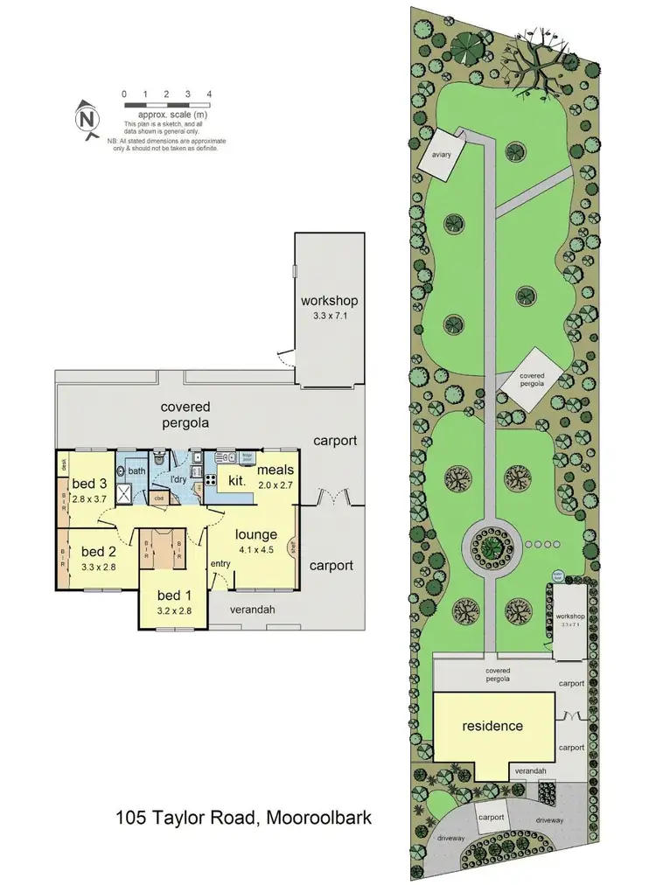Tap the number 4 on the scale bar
pos(209,94)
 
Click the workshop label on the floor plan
pos(330,302)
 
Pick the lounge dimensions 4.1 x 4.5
pos(255,550)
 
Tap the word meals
pos(275,469)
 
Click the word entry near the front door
pos(220,564)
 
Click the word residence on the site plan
pos(492,726)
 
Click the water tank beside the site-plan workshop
pos(556,576)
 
